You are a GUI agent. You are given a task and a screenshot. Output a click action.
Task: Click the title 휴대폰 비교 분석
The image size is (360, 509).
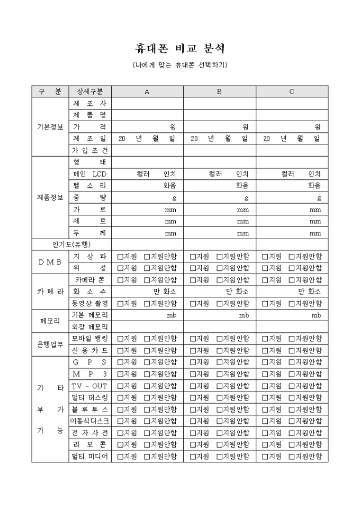click(180, 49)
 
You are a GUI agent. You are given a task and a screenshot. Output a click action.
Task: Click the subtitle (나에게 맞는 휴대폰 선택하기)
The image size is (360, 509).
click(180, 65)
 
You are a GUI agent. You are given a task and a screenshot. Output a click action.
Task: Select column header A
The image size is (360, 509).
click(147, 92)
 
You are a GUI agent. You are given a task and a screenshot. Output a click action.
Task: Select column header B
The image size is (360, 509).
click(220, 92)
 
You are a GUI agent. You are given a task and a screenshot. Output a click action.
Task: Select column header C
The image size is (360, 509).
click(292, 92)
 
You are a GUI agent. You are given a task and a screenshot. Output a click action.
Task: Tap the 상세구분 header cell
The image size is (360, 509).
click(89, 92)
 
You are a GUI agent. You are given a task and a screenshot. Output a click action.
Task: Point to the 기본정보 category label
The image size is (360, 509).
click(50, 127)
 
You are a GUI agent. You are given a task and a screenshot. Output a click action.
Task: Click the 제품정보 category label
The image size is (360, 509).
click(50, 197)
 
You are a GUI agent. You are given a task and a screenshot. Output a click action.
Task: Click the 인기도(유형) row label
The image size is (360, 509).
click(71, 244)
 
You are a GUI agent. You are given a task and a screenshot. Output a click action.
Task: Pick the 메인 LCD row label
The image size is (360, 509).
click(89, 174)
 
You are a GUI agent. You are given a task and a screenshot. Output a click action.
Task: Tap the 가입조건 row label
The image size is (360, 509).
click(89, 150)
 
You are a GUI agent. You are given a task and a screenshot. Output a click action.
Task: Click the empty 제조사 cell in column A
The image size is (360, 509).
click(147, 103)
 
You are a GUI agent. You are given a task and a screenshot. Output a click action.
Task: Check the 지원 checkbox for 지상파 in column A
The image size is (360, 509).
click(120, 257)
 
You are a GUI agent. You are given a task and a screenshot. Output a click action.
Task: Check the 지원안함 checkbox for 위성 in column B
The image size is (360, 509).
click(220, 268)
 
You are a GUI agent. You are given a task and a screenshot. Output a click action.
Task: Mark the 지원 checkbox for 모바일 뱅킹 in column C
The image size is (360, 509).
click(265, 339)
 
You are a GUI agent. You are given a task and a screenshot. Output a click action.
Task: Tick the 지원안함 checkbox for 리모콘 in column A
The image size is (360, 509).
click(147, 444)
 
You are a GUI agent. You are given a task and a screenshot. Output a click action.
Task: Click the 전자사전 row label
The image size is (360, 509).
click(89, 433)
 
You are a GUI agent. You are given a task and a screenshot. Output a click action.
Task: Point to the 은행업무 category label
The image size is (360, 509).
click(50, 344)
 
